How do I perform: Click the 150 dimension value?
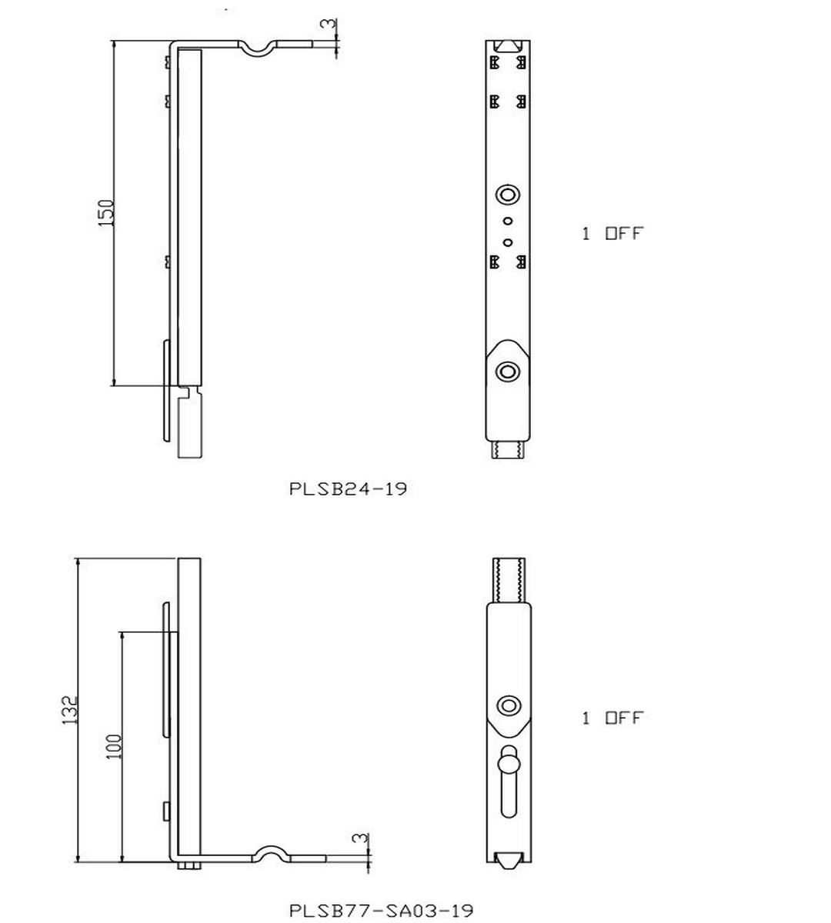(106, 212)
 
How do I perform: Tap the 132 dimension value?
(70, 711)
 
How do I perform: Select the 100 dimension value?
(114, 746)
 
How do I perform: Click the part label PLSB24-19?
(348, 488)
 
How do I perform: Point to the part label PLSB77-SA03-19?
(381, 911)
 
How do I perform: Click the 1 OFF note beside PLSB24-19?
(612, 233)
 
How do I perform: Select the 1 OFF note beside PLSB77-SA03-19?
(612, 718)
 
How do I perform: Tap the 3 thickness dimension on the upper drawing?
(329, 25)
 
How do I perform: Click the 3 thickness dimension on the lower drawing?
(360, 838)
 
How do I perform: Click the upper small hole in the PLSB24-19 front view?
(507, 221)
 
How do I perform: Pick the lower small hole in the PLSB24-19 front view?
(507, 242)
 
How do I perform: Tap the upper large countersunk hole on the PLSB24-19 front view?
(508, 195)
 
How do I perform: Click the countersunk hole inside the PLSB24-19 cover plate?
(507, 372)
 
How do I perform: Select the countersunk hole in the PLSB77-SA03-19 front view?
(509, 705)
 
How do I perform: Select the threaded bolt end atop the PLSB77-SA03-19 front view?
(509, 580)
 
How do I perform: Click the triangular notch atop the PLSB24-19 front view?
(507, 46)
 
